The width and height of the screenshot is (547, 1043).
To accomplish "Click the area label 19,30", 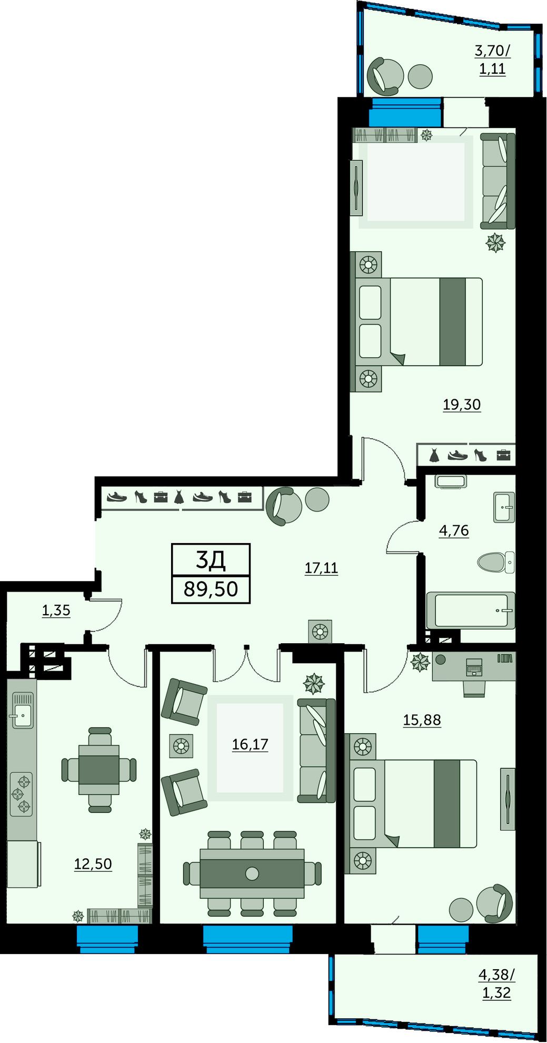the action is click(462, 405).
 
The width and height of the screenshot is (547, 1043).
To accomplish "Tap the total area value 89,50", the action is click(211, 589).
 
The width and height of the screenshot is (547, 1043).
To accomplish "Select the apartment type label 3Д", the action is click(211, 560).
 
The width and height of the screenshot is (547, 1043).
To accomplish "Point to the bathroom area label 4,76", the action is click(454, 530).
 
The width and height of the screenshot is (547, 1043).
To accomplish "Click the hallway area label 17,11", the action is click(321, 568).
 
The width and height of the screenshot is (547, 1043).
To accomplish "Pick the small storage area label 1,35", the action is click(56, 611).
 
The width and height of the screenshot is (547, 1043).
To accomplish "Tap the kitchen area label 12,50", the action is click(93, 864).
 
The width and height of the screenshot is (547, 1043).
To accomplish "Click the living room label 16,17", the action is click(250, 744).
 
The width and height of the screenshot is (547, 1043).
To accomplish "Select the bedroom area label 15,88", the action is click(422, 720).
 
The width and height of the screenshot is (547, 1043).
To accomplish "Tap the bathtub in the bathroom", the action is click(470, 611).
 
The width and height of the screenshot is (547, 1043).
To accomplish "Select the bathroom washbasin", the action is click(504, 507).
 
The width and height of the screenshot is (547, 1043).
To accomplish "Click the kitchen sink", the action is click(22, 711).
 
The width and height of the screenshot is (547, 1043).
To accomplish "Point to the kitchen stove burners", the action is click(21, 794).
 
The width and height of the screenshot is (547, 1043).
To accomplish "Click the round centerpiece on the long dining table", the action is click(252, 873).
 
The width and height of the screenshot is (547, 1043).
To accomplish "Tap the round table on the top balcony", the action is click(420, 76).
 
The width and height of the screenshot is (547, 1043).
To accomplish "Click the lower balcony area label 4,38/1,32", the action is click(496, 983).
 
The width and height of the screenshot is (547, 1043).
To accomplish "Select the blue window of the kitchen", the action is click(107, 939).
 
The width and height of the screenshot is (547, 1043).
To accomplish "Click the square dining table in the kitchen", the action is click(99, 770).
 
